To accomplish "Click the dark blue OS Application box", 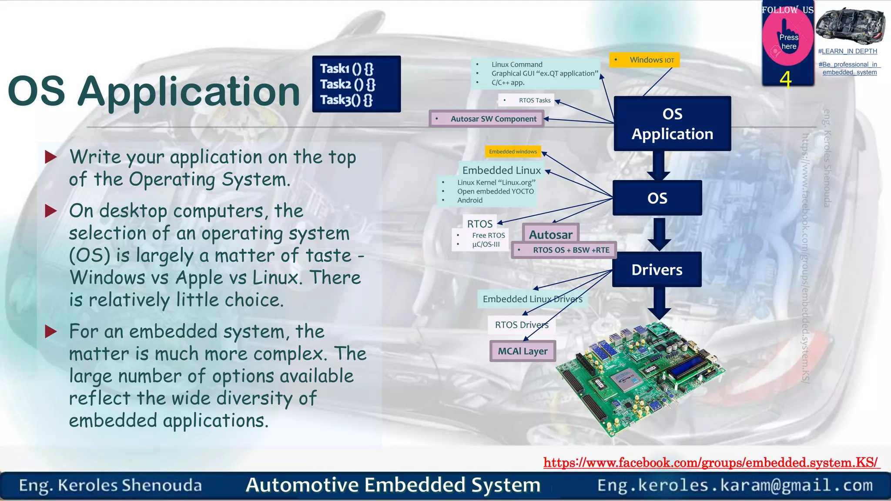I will [x=672, y=124].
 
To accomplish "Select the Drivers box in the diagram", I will [x=657, y=270].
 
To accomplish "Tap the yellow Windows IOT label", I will [x=644, y=60].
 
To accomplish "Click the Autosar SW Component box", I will [x=486, y=119].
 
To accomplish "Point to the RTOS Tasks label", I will [x=527, y=100].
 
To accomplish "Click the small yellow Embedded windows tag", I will [x=512, y=151].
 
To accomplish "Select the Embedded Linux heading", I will [x=501, y=170].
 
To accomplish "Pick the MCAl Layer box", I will [x=523, y=351].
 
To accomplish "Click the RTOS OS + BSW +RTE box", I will [x=564, y=250].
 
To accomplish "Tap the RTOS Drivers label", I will [x=521, y=325].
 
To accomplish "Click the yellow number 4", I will [x=785, y=80].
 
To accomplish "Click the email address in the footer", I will [x=735, y=485].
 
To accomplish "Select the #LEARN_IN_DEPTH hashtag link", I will [x=847, y=51].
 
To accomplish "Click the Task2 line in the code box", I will [x=347, y=84].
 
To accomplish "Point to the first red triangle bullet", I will [x=51, y=157].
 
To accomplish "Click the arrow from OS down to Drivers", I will [x=659, y=234].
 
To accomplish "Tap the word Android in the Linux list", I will [x=469, y=200].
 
